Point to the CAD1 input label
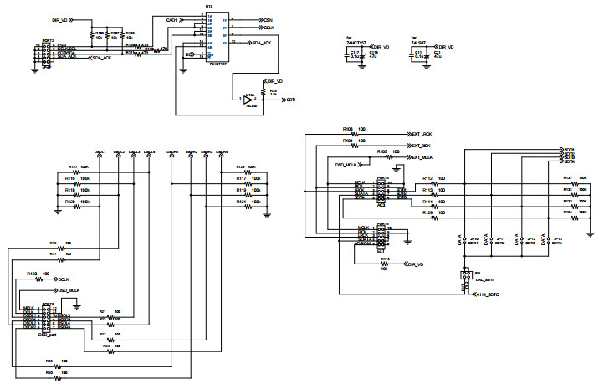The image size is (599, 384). [x=172, y=18]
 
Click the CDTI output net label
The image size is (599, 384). [x=290, y=100]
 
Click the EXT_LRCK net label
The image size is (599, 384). [x=421, y=134]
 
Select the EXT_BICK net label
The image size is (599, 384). [x=421, y=146]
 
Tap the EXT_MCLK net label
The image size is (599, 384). [x=422, y=157]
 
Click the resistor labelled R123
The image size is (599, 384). [x=44, y=279]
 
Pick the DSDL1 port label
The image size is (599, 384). [x=100, y=152]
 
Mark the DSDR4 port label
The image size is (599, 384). [x=222, y=152]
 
